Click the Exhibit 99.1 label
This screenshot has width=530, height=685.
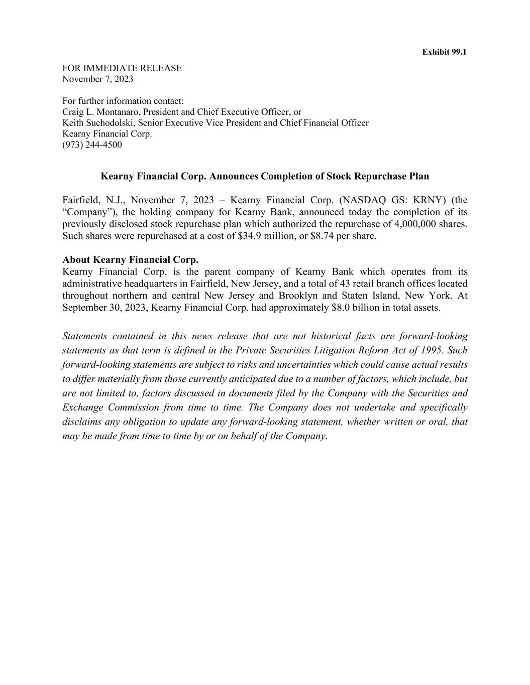[x=444, y=52]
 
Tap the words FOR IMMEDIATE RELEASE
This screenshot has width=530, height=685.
[x=122, y=68]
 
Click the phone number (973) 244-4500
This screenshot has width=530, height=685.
[x=92, y=145]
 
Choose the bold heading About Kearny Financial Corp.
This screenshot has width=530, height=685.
[x=131, y=260]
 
